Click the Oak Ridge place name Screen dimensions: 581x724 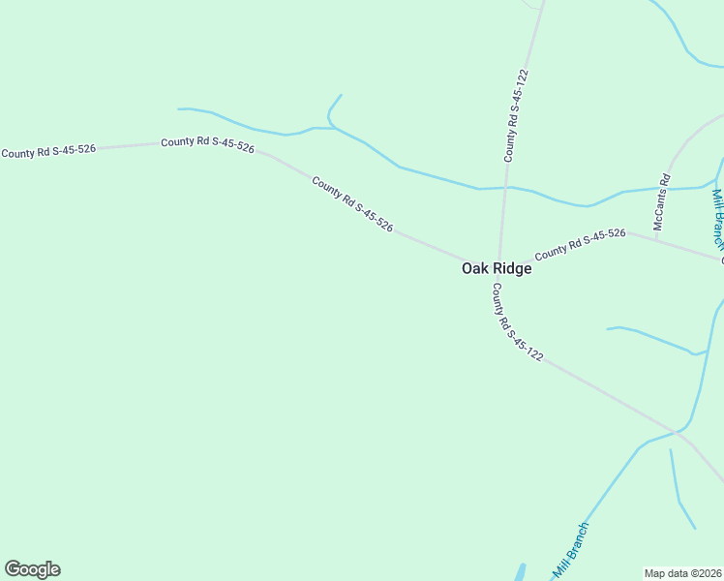coord(496,268)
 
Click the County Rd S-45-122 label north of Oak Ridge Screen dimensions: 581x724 coord(516,114)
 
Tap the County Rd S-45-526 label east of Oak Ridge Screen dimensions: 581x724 coord(581,243)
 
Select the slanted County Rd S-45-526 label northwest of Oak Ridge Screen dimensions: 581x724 coord(352,203)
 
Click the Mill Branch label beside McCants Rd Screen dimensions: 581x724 coord(717,219)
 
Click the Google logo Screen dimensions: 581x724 coord(32,569)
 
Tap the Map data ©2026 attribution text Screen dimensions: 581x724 coord(683,572)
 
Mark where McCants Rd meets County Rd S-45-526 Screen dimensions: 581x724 coord(656,238)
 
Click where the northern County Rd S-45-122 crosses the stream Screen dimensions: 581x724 coord(504,187)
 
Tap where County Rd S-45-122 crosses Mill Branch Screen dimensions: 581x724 coord(677,432)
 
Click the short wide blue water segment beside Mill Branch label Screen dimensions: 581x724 coord(521,572)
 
